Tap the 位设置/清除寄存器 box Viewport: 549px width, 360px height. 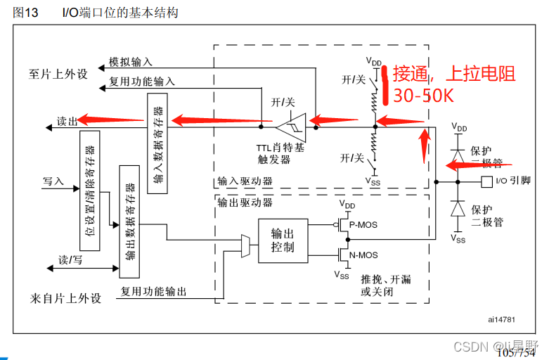tap(90, 191)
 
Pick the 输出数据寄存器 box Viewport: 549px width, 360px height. tap(130, 221)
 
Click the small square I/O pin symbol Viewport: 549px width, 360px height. tap(486, 181)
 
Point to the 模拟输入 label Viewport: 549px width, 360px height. tap(131, 63)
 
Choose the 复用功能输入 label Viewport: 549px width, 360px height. tap(142, 82)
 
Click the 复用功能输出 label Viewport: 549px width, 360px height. tap(153, 290)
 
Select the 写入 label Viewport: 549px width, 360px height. tap(53, 181)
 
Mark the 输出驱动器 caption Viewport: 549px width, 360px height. tap(245, 202)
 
